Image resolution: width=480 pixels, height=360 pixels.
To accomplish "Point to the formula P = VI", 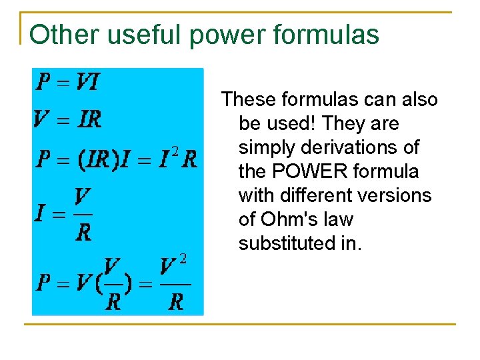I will pyautogui.click(x=67, y=82).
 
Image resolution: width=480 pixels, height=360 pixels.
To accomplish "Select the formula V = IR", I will pyautogui.click(x=67, y=120).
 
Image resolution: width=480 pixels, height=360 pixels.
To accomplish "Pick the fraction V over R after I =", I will pyautogui.click(x=83, y=215).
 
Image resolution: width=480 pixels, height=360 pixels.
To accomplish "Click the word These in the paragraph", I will pyautogui.click(x=249, y=100).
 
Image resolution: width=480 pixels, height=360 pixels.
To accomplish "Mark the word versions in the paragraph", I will pyautogui.click(x=399, y=196).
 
